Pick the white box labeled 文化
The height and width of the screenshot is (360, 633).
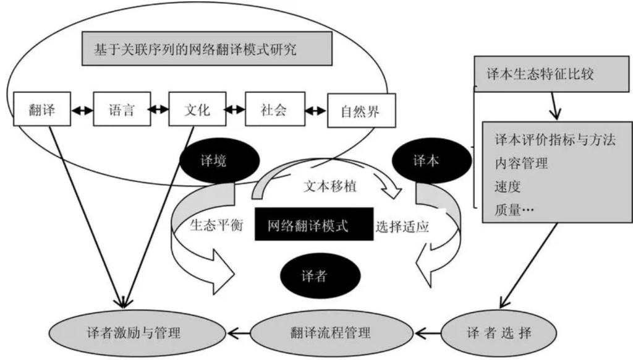click(197, 111)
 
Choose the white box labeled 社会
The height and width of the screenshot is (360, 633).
click(273, 111)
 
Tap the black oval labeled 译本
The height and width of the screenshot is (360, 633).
click(425, 161)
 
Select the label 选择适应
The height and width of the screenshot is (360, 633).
click(402, 226)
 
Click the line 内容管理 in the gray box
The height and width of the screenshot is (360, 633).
click(522, 165)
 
